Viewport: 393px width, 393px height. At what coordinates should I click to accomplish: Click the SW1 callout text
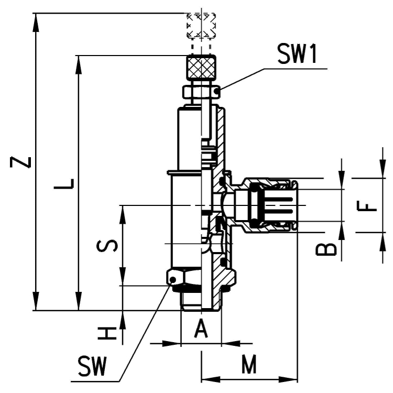click(x=297, y=55)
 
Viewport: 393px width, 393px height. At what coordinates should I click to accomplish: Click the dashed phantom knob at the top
click(x=201, y=25)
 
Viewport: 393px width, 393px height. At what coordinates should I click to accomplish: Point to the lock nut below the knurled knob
click(x=201, y=92)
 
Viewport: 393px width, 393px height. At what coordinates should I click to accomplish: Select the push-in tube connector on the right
click(x=267, y=205)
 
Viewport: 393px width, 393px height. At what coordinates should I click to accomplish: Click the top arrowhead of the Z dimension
click(x=36, y=19)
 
